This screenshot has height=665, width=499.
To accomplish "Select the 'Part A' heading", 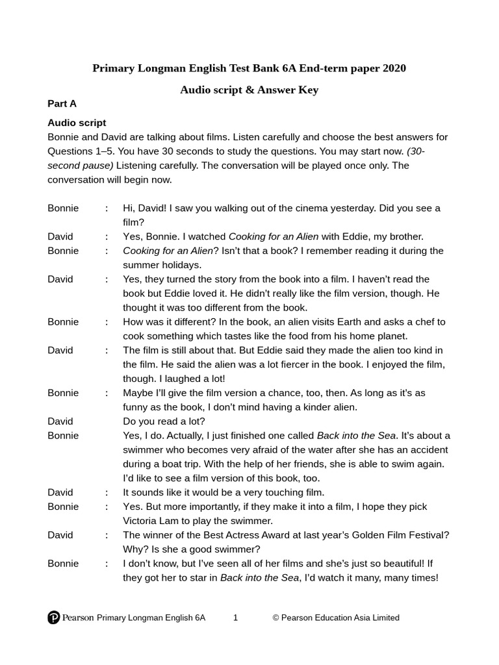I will [x=62, y=104].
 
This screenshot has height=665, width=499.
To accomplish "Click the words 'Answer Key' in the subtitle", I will [x=288, y=90].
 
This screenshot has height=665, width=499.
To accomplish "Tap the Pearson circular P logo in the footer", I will [x=54, y=618].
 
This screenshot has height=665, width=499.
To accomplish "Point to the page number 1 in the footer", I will [x=235, y=618].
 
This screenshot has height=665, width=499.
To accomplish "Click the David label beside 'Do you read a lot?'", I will [x=60, y=421].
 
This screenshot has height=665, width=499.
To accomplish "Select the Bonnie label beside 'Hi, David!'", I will [x=63, y=208].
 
